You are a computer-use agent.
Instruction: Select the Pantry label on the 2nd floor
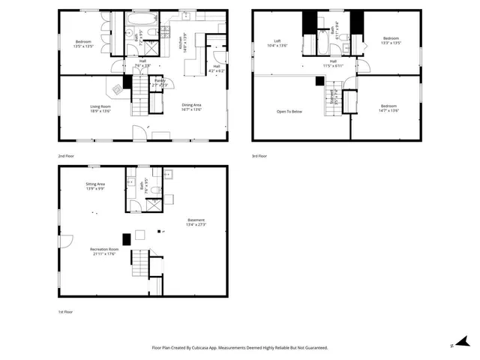click(x=160, y=82)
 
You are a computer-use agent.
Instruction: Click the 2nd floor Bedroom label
click(x=83, y=43)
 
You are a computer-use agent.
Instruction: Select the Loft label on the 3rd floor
click(x=277, y=43)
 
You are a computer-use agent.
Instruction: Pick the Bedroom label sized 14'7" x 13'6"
click(x=388, y=108)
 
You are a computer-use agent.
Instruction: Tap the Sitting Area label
click(x=94, y=186)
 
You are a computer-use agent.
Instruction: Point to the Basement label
click(x=196, y=222)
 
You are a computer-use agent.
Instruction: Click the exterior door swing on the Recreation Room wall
click(x=65, y=241)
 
